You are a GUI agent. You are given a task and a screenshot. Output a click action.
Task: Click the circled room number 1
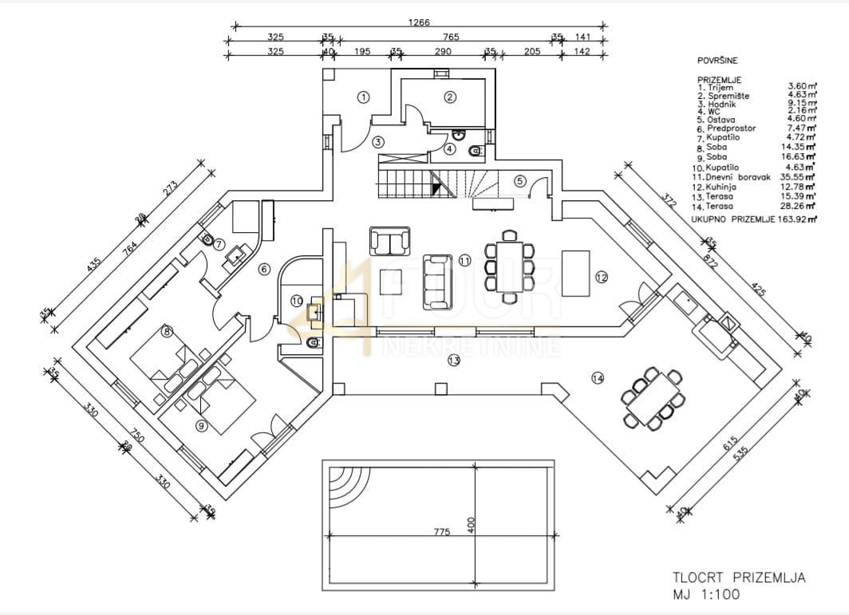pyautogui.click(x=363, y=97)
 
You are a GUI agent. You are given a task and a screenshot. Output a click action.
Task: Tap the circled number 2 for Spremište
pyautogui.click(x=450, y=97)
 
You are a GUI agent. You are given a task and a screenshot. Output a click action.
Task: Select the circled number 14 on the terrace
pyautogui.click(x=598, y=378)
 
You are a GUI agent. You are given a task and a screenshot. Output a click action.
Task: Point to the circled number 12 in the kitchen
pyautogui.click(x=601, y=277)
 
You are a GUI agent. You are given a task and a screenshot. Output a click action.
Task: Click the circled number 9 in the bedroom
pyautogui.click(x=201, y=426)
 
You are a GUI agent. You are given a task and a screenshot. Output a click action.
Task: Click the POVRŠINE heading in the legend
pyautogui.click(x=718, y=60)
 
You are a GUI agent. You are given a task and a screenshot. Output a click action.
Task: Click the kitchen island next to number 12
pyautogui.click(x=575, y=273)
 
